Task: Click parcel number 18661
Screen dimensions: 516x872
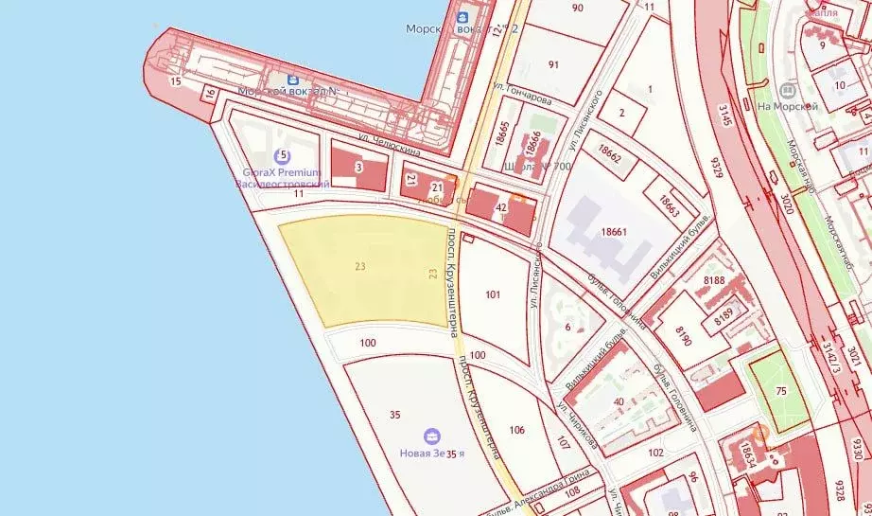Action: coord(615,231)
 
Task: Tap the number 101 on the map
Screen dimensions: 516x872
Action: coord(493,294)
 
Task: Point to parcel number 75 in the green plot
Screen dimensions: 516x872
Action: coord(780,390)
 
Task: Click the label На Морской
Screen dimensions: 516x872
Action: coord(787,107)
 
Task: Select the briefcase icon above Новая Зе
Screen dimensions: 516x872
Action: coord(432,436)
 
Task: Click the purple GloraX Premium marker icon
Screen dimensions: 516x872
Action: coord(280,156)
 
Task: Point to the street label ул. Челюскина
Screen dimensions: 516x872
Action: coord(390,144)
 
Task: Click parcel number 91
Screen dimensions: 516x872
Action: coord(554,64)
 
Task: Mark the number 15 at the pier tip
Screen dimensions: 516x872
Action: coord(175,82)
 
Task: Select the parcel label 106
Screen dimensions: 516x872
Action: coord(516,430)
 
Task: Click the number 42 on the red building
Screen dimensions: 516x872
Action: coord(501,207)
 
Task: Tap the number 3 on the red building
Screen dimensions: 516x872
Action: coord(358,168)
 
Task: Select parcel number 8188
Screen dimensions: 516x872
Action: coord(714,279)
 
